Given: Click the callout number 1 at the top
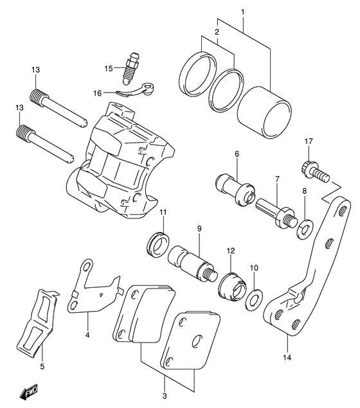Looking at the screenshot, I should pyautogui.click(x=243, y=12).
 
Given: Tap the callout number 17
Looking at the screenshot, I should pyautogui.click(x=309, y=141).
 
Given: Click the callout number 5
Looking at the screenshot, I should pyautogui.click(x=42, y=367).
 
